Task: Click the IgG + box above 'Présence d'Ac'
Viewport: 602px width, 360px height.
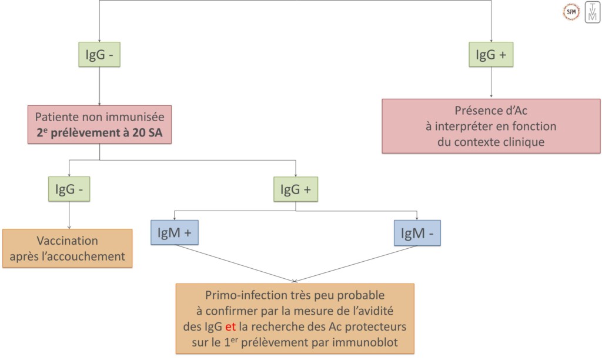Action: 491,55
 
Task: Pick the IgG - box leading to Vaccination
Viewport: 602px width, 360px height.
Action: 69,189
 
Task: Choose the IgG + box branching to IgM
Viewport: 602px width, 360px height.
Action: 295,189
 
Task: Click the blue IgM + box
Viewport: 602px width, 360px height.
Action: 175,234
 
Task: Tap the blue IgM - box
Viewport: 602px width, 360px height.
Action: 417,234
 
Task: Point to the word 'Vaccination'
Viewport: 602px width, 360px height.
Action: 68,241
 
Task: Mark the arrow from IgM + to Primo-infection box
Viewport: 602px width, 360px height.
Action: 235,262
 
